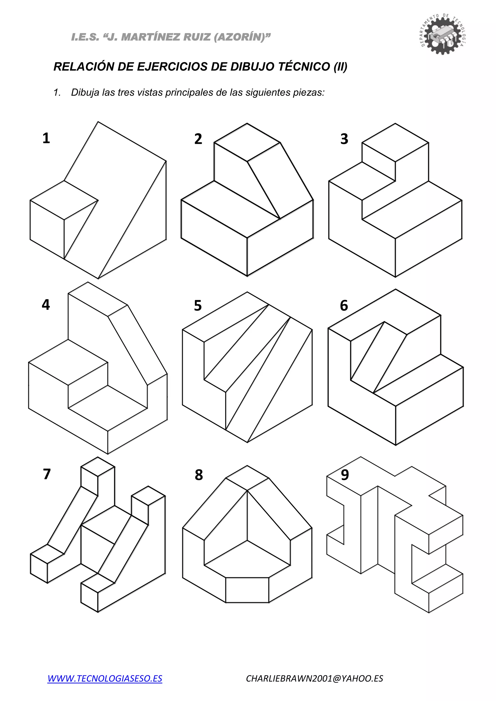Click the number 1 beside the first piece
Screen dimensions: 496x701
(x=46, y=138)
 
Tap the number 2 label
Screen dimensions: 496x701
(x=198, y=139)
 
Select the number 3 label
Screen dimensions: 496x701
(x=344, y=139)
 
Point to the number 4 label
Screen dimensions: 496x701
(x=46, y=305)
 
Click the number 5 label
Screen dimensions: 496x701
(x=198, y=306)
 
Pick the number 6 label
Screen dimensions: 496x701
(x=344, y=306)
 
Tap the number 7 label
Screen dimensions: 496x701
(x=47, y=474)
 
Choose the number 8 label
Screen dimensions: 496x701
(x=199, y=475)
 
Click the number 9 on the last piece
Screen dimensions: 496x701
(x=345, y=475)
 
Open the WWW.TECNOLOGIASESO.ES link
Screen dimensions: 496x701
(x=105, y=678)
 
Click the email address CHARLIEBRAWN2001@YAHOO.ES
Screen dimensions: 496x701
(x=315, y=678)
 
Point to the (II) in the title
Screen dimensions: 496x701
(x=341, y=67)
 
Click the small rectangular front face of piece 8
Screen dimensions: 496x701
(x=247, y=590)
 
